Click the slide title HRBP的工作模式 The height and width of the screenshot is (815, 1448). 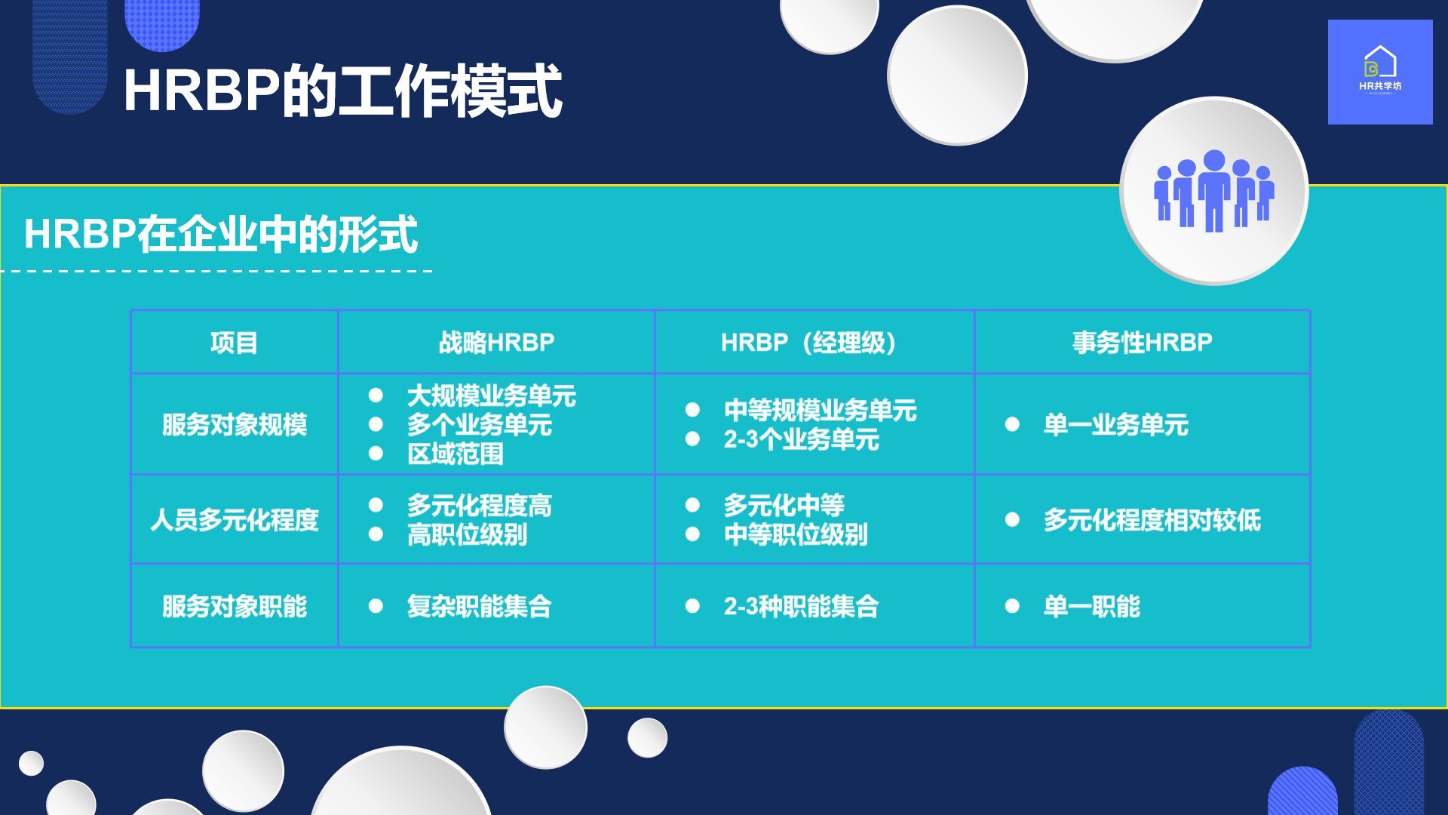[x=342, y=91]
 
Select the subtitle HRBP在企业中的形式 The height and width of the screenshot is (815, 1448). [x=220, y=234]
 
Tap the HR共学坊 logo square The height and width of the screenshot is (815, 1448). [x=1380, y=72]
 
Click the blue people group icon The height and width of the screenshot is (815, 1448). [x=1213, y=190]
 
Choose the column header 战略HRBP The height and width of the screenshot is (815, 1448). [x=496, y=343]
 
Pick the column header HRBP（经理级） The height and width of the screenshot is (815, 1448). [x=808, y=343]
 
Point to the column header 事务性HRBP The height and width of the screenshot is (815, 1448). [x=1142, y=343]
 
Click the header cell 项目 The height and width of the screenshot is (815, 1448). [x=234, y=343]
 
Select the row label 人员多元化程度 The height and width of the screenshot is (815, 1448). [x=234, y=520]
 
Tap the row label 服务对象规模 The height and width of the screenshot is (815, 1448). [x=234, y=425]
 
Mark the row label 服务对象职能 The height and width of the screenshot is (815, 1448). [x=234, y=607]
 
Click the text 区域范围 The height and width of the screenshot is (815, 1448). [x=455, y=454]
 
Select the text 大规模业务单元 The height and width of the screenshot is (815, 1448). [x=491, y=396]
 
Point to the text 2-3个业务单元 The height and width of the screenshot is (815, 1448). [x=801, y=439]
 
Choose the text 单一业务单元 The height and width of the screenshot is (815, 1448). [x=1115, y=425]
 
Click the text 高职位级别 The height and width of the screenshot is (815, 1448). [x=467, y=535]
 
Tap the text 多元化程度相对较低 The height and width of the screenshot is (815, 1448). [x=1152, y=520]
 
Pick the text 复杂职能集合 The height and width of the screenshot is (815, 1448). [x=479, y=607]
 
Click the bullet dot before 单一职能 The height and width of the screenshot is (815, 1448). [x=1012, y=606]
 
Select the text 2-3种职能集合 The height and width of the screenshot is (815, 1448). [x=801, y=607]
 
